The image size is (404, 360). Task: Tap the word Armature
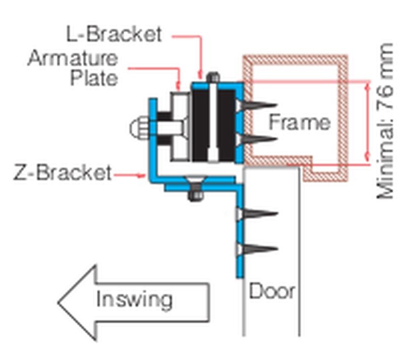coord(72,59)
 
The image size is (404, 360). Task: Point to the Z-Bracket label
coord(62,173)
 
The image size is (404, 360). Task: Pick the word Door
coord(272,291)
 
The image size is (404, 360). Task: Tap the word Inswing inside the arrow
coord(134,299)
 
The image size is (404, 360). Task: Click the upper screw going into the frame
coord(258,106)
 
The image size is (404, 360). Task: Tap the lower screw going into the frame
coord(258,139)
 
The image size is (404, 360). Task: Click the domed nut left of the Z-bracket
coord(136,129)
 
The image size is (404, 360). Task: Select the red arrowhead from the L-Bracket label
coord(201,75)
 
